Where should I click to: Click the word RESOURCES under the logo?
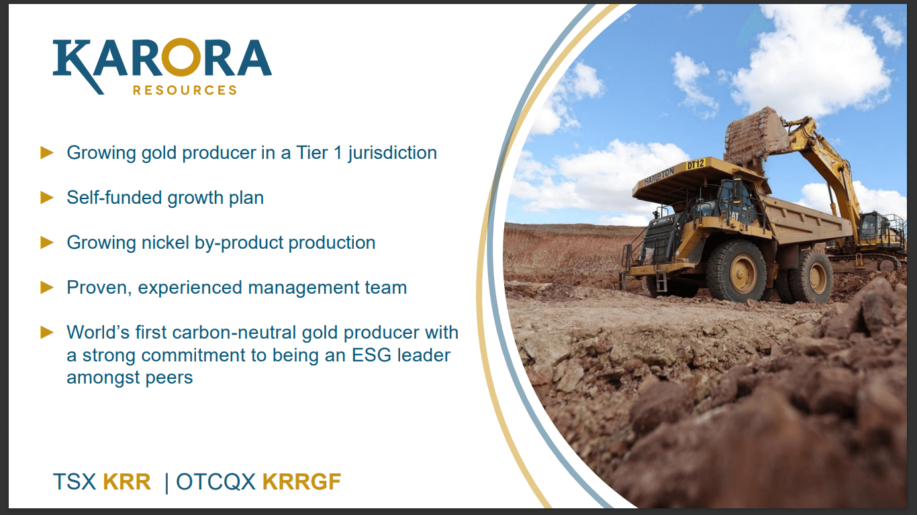pyautogui.click(x=185, y=90)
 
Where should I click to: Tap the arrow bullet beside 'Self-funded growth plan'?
pyautogui.click(x=47, y=197)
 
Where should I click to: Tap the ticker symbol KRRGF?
pyautogui.click(x=301, y=481)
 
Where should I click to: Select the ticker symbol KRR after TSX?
pyautogui.click(x=127, y=481)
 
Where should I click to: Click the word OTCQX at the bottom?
pyautogui.click(x=215, y=481)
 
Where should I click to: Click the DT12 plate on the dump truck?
pyautogui.click(x=696, y=164)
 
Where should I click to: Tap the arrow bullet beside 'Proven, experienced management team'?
pyautogui.click(x=47, y=287)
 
